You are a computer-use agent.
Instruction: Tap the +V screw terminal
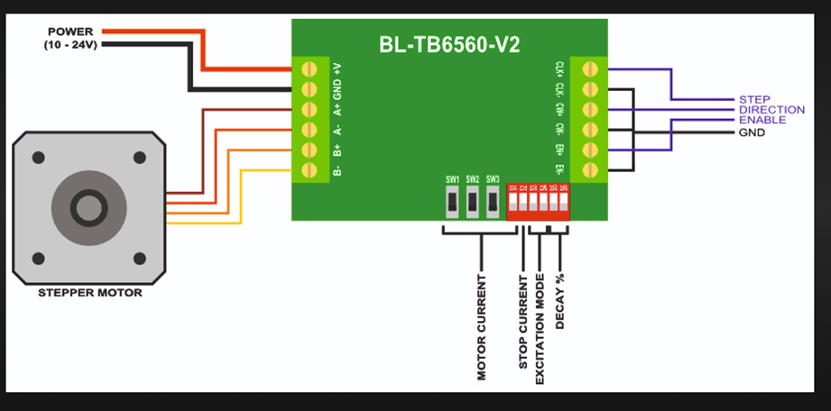312,68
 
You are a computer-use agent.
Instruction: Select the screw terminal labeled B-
312,169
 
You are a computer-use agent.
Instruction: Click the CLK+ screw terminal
592,68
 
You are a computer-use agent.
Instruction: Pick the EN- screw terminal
592,169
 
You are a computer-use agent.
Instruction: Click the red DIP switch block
538,202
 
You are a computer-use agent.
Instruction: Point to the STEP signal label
754,99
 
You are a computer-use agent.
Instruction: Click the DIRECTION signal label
771,110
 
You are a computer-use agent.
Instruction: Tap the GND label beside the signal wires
752,132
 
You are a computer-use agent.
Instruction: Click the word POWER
70,32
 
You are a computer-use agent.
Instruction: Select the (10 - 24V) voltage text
70,44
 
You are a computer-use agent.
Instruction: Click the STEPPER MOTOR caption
89,293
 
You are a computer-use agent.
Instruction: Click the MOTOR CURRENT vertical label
482,326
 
